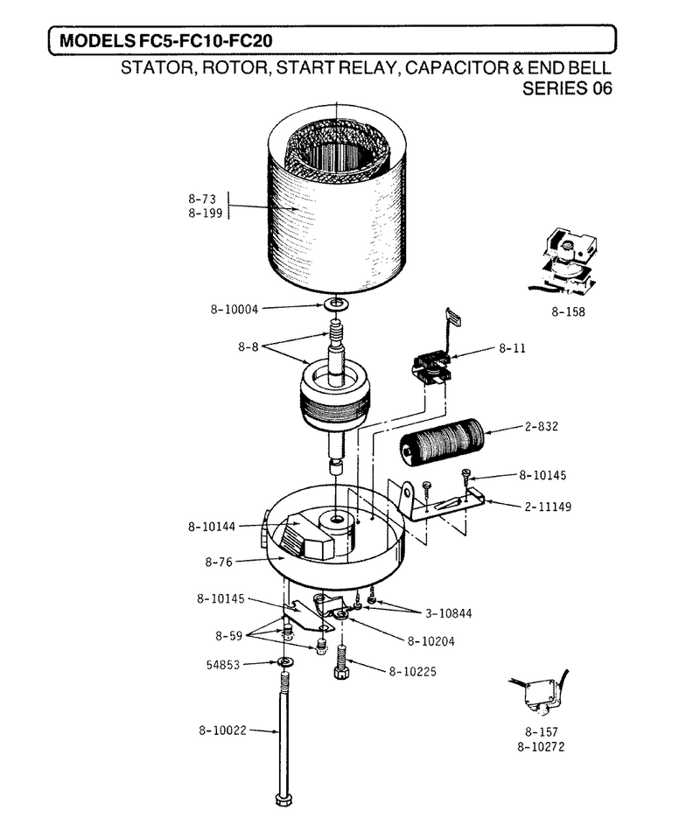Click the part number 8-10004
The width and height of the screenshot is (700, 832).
click(234, 309)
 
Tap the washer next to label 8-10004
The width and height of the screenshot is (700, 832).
click(336, 304)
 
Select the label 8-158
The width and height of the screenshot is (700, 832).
click(568, 312)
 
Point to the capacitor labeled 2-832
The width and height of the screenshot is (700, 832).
click(442, 442)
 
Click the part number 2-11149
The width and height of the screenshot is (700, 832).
click(548, 507)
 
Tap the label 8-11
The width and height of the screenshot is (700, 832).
click(512, 348)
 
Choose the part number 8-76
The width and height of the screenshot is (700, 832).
click(219, 562)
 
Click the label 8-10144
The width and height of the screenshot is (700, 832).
click(211, 527)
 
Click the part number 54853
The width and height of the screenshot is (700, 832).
click(223, 665)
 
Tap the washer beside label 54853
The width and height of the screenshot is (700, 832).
click(286, 662)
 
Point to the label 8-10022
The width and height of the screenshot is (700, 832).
click(222, 731)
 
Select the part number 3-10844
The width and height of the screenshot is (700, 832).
click(449, 613)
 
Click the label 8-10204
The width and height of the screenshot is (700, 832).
click(430, 641)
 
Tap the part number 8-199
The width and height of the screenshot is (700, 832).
click(205, 213)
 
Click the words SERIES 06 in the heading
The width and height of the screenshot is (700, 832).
click(567, 88)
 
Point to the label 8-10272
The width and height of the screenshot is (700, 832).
click(541, 747)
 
